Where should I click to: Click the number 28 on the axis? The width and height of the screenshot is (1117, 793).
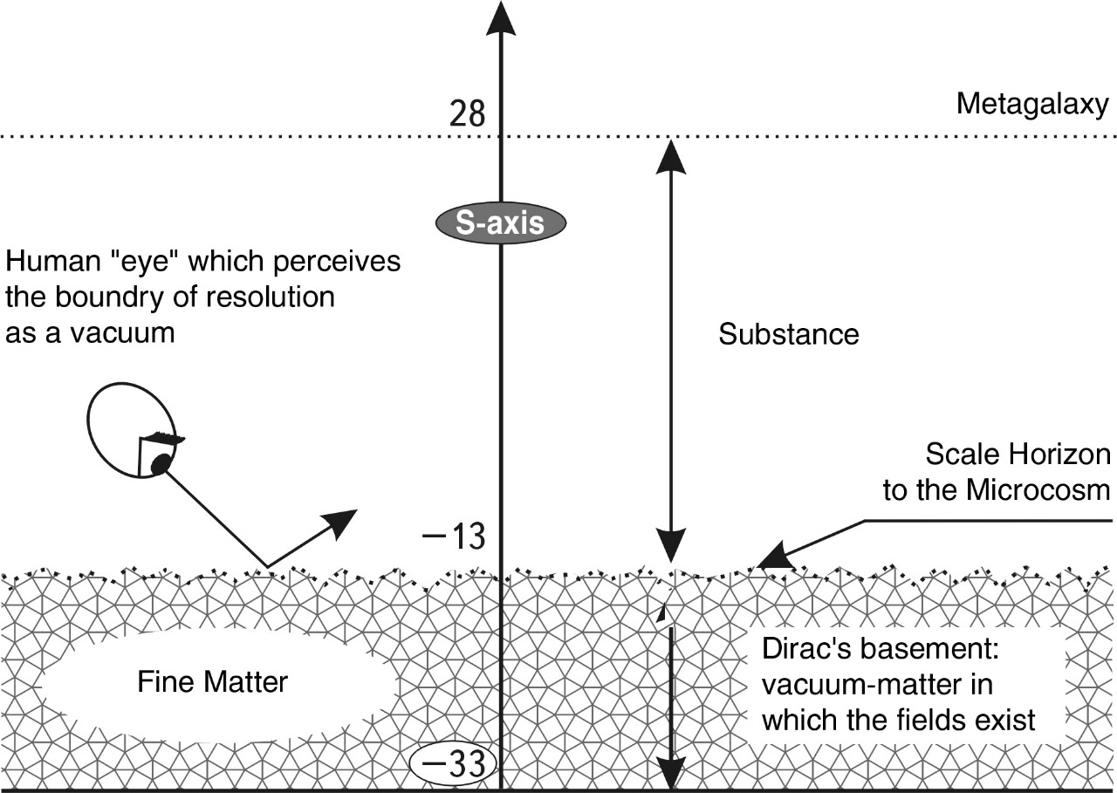point(467,114)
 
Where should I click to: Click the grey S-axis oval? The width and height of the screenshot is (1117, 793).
point(501,222)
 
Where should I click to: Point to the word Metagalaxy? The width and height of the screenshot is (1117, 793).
point(1032,104)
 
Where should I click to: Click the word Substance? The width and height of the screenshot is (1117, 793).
point(789,335)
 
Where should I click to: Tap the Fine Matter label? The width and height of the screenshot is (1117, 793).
point(212,681)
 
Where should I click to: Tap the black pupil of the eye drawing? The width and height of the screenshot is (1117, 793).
point(159,465)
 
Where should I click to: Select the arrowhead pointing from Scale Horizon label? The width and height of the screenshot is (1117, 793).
point(771,559)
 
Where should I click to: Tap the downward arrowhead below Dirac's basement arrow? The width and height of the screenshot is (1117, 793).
point(669,772)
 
